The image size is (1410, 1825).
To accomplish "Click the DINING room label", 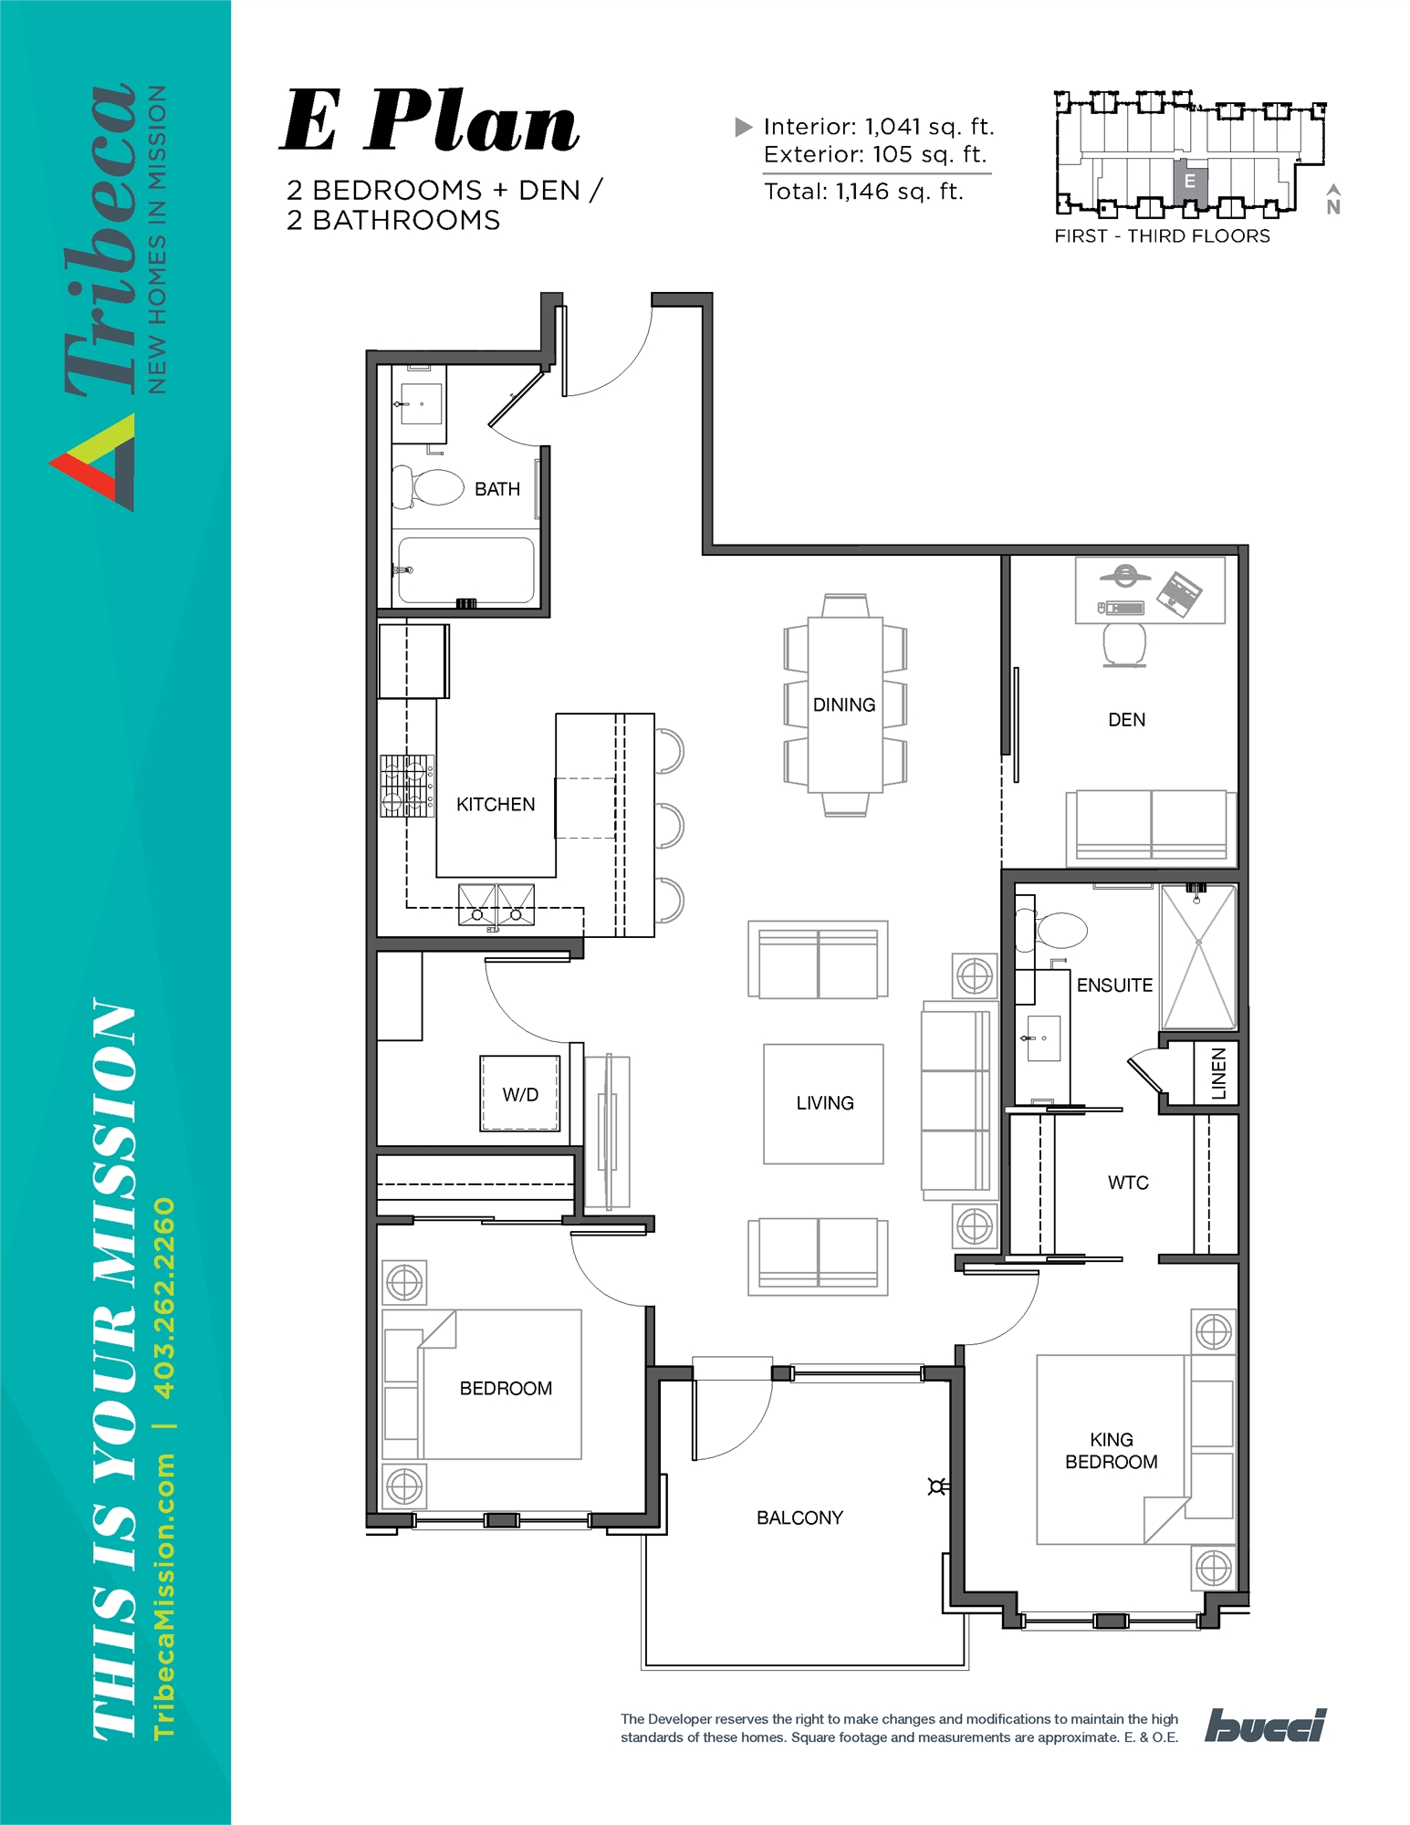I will tap(843, 704).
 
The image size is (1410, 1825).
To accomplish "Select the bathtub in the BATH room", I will tap(465, 570).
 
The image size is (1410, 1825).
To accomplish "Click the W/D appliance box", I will tap(520, 1093).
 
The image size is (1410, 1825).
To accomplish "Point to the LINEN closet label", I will tap(1218, 1073).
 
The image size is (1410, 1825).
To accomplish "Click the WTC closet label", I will tap(1128, 1183).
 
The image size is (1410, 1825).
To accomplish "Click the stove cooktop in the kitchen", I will tap(407, 785).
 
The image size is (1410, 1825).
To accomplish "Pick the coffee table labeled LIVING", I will tap(823, 1103).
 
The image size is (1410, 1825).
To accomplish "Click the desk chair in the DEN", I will tap(1124, 644).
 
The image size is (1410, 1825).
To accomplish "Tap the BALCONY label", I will tap(799, 1517).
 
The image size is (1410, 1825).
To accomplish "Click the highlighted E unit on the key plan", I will tap(1190, 182).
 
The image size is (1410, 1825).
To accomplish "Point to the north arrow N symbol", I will tap(1333, 200).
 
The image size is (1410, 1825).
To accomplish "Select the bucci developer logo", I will tap(1266, 1726).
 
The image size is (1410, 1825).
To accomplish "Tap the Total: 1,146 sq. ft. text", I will tap(863, 192).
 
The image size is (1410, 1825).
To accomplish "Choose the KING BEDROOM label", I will tap(1111, 1450).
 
